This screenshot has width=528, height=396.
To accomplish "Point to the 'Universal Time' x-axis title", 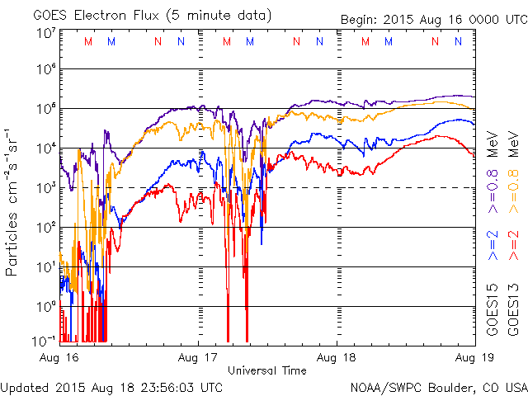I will click(266, 370).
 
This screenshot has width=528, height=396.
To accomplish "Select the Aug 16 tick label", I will click(59, 359).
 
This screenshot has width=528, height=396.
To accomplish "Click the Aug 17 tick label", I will click(198, 359).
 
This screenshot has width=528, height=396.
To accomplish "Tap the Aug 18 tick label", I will click(337, 359).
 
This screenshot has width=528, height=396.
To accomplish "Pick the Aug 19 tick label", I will click(475, 359).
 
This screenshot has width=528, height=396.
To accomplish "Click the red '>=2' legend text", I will click(513, 246).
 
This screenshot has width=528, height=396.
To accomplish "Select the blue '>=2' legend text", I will click(493, 246).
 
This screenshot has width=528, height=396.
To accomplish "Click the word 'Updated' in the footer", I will click(26, 387).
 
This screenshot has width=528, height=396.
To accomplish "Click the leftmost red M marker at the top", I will click(88, 41).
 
